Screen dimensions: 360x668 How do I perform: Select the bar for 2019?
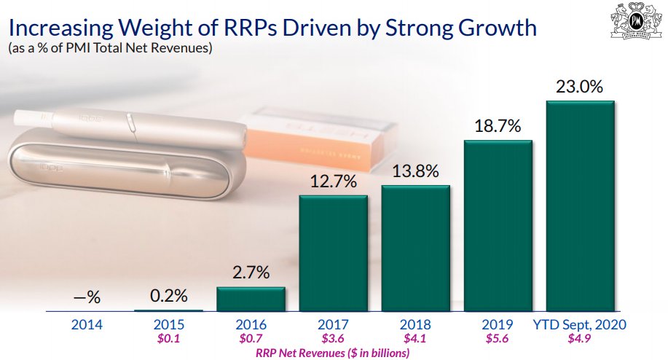pyautogui.click(x=498, y=225)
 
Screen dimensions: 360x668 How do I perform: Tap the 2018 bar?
pyautogui.click(x=416, y=248)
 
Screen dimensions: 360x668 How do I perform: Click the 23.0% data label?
pyautogui.click(x=580, y=87)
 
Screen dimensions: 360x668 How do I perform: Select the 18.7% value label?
pyautogui.click(x=498, y=126)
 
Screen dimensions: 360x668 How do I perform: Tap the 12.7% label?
pyautogui.click(x=333, y=182)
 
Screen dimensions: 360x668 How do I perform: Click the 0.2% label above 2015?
pyautogui.click(x=168, y=296)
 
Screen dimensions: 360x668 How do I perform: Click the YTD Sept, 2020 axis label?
pyautogui.click(x=580, y=325)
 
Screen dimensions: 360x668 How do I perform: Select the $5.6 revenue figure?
pyautogui.click(x=498, y=339)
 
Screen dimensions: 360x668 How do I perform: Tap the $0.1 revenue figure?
pyautogui.click(x=168, y=339)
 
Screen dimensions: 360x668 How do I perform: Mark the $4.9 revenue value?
pyautogui.click(x=580, y=339)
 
